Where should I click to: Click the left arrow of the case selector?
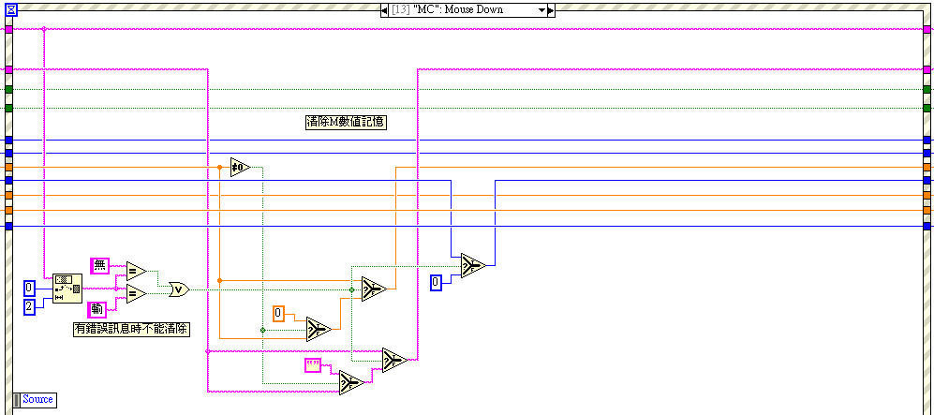click(x=384, y=9)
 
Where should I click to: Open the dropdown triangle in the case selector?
click(x=541, y=9)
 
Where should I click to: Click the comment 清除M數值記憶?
click(x=347, y=122)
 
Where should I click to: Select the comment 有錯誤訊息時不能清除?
click(x=131, y=329)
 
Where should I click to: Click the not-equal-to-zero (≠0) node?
click(x=240, y=168)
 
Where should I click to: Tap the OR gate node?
click(x=177, y=289)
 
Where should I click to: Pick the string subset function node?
click(x=67, y=288)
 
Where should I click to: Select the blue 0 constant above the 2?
click(x=29, y=287)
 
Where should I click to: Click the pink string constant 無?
click(x=100, y=265)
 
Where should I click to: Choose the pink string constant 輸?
click(x=97, y=309)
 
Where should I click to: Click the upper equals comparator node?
click(x=136, y=272)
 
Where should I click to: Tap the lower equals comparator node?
click(x=136, y=294)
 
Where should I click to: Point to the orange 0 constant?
click(x=278, y=313)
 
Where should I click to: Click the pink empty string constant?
click(x=313, y=365)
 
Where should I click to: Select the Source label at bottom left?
click(x=37, y=399)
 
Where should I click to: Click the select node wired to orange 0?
click(x=319, y=329)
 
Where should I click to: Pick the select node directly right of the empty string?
click(x=350, y=382)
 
